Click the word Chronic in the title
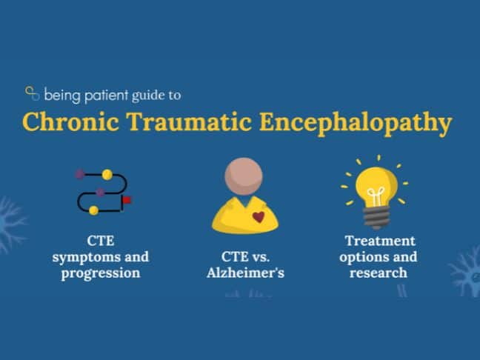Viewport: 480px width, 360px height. pos(70,121)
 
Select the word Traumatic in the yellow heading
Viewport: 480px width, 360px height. pos(189,121)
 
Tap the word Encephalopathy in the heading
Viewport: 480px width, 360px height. pos(356,124)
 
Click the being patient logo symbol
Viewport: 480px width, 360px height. pos(32,93)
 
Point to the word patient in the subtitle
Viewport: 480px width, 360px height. pos(106,96)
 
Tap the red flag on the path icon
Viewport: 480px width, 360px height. pos(127,200)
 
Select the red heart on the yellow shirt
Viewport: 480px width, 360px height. pos(259,217)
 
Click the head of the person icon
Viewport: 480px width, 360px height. pos(244,176)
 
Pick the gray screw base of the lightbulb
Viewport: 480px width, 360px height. pos(376,217)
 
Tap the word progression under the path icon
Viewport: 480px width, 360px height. pos(101,273)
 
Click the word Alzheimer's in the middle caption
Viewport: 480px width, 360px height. pos(245,272)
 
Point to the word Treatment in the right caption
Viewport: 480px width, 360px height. pos(380,241)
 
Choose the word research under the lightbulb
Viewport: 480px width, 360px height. pos(379,273)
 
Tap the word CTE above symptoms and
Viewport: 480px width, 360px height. pos(101,241)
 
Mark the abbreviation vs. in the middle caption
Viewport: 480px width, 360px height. pos(261,257)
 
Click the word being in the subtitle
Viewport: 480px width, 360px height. pos(62,96)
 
